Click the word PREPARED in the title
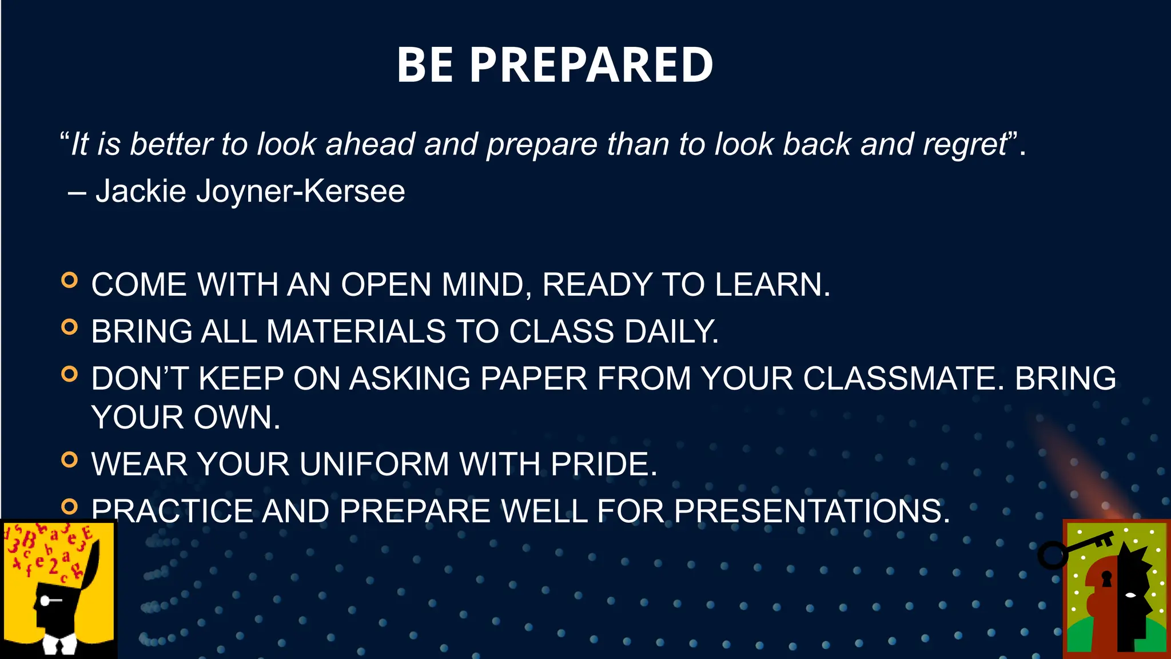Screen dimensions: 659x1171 591,65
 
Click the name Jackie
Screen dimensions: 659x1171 141,191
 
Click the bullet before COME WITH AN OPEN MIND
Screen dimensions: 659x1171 69,280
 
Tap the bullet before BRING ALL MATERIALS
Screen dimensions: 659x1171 69,327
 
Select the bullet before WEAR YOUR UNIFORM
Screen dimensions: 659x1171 69,459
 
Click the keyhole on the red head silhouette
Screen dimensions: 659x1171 1107,579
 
